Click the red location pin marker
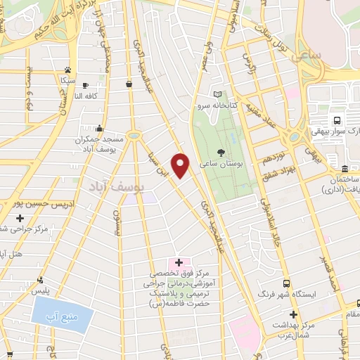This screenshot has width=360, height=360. pos(181,165)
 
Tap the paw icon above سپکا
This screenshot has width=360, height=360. pos(67,70)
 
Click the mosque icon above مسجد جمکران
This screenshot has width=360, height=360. pos(101,128)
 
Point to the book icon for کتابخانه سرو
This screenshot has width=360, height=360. pos(217,94)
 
